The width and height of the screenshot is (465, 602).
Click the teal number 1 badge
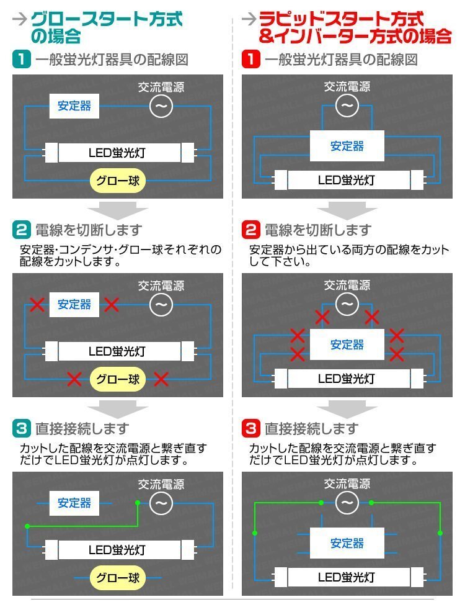[x=22, y=59]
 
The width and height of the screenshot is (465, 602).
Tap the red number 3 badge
[x=251, y=428]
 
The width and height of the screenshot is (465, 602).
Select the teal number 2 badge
[x=22, y=230]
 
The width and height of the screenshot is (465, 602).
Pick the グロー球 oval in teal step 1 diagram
[x=118, y=181]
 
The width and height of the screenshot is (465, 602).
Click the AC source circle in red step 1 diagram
[x=347, y=106]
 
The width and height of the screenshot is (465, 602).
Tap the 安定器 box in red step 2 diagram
[x=347, y=344]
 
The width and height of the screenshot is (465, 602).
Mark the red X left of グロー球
[x=74, y=379]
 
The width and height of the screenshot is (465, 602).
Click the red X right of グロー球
[x=161, y=379]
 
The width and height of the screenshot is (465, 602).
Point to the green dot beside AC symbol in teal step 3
[x=138, y=503]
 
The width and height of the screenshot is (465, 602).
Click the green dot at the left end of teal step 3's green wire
[x=27, y=526]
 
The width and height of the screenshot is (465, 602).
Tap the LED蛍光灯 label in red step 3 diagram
[x=346, y=577]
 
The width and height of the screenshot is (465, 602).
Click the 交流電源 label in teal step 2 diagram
[x=161, y=285]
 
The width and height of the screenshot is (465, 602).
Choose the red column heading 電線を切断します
[x=318, y=230]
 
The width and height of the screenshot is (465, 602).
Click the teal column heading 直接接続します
[x=82, y=428]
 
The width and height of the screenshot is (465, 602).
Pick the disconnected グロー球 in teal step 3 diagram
[x=118, y=577]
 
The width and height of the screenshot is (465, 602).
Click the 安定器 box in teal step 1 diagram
[x=74, y=106]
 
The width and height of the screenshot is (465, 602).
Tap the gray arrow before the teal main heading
[x=19, y=19]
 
